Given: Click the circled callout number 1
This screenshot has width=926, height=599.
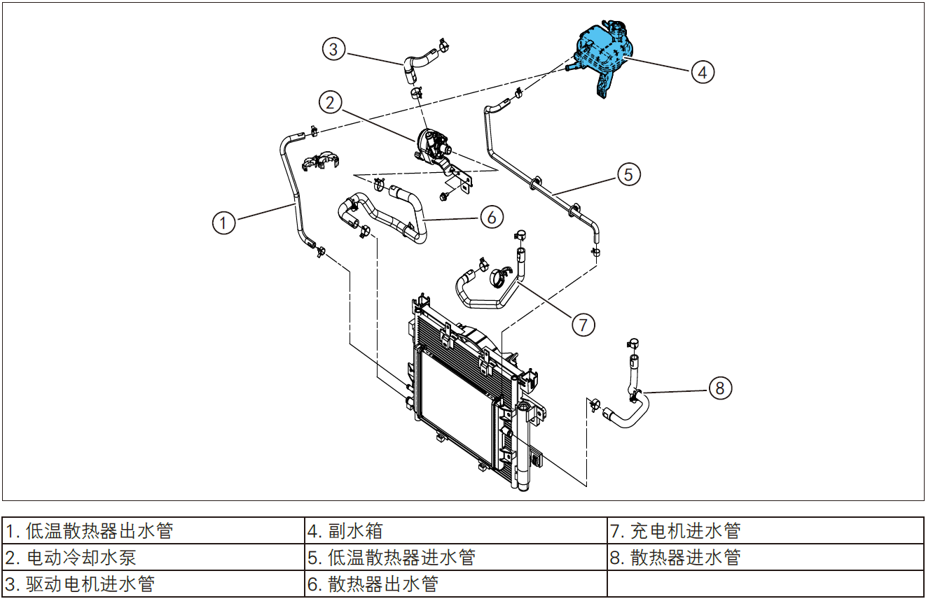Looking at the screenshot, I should tap(223, 223).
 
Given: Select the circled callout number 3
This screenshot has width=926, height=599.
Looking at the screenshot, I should tap(333, 49).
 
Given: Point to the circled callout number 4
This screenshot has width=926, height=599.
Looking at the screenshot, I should tap(703, 71).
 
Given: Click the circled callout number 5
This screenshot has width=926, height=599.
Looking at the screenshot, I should tap(628, 174).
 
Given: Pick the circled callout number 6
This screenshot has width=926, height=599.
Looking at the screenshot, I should tap(492, 217).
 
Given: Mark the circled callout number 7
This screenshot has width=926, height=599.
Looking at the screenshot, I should tap(583, 324).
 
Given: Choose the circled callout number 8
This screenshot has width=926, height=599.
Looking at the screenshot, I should tap(721, 387).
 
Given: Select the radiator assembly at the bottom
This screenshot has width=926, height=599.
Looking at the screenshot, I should tap(469, 392).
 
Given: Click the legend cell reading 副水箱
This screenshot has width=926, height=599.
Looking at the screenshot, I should tap(455, 530).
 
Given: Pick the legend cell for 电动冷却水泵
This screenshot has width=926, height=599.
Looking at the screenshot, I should tap(153, 557).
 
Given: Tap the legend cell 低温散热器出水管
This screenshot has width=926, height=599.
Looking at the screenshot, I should tap(153, 530).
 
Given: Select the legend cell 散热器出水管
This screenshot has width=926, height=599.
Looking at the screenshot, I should tap(455, 584).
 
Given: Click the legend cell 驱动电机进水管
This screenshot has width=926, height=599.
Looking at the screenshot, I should tap(153, 584).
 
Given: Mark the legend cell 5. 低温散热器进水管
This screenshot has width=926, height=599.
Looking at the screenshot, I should tap(455, 557).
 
